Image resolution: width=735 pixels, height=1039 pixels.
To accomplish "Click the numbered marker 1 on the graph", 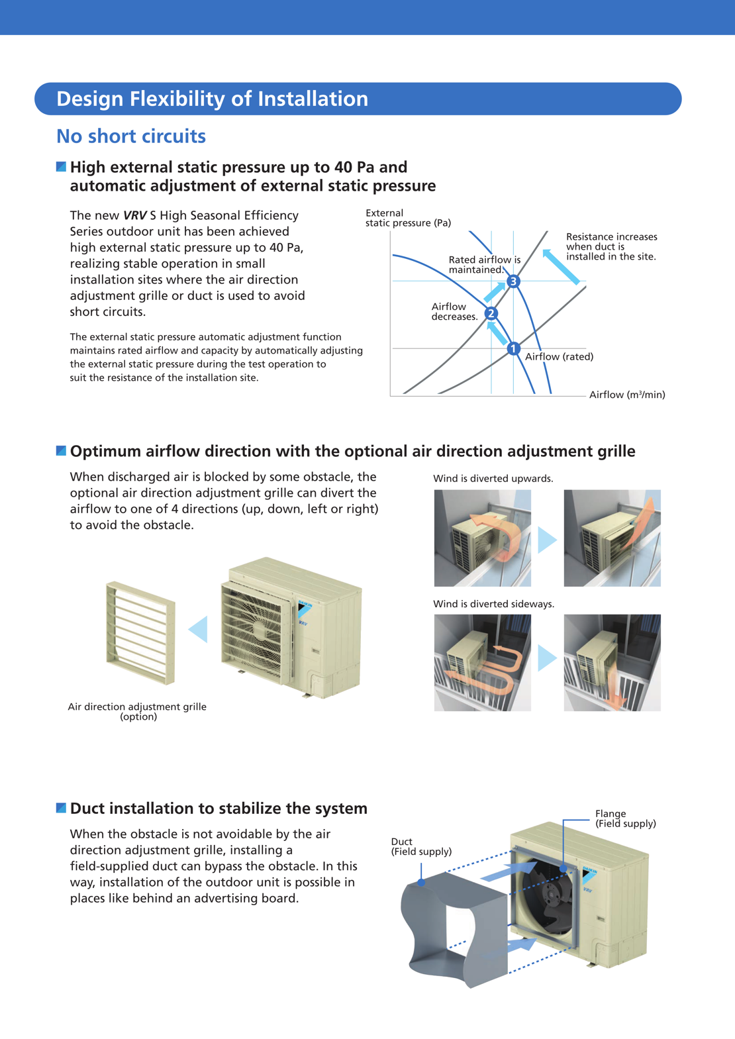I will (x=513, y=348).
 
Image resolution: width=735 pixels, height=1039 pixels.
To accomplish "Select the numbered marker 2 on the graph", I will (x=491, y=313).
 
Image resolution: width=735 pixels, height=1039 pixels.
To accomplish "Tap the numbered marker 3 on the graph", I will (x=513, y=281).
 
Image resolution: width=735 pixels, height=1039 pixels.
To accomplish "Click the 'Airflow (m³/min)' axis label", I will (x=627, y=395).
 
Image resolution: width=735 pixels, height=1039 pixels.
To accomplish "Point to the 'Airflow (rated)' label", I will (x=559, y=357).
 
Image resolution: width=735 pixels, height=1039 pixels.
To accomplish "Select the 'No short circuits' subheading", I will (x=131, y=136).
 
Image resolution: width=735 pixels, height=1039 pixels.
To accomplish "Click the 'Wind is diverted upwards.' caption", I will (x=493, y=479).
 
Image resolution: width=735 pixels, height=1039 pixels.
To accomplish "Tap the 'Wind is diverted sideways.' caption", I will (x=494, y=604).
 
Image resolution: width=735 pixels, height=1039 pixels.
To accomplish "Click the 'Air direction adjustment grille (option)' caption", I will (x=137, y=711).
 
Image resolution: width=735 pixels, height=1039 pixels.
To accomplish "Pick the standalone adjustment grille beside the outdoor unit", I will (x=140, y=632).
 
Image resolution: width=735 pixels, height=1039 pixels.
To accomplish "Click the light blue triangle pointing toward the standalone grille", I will (x=199, y=629).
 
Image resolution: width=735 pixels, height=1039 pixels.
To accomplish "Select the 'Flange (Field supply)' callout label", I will (x=625, y=818).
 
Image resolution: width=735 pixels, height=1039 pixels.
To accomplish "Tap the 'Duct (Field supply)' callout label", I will (x=421, y=846).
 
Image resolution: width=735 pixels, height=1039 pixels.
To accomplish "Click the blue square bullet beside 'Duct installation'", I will (x=61, y=808).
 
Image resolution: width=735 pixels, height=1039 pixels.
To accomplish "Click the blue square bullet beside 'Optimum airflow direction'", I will (x=61, y=451).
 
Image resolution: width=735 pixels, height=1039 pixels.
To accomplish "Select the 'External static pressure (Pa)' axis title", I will (x=408, y=218).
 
